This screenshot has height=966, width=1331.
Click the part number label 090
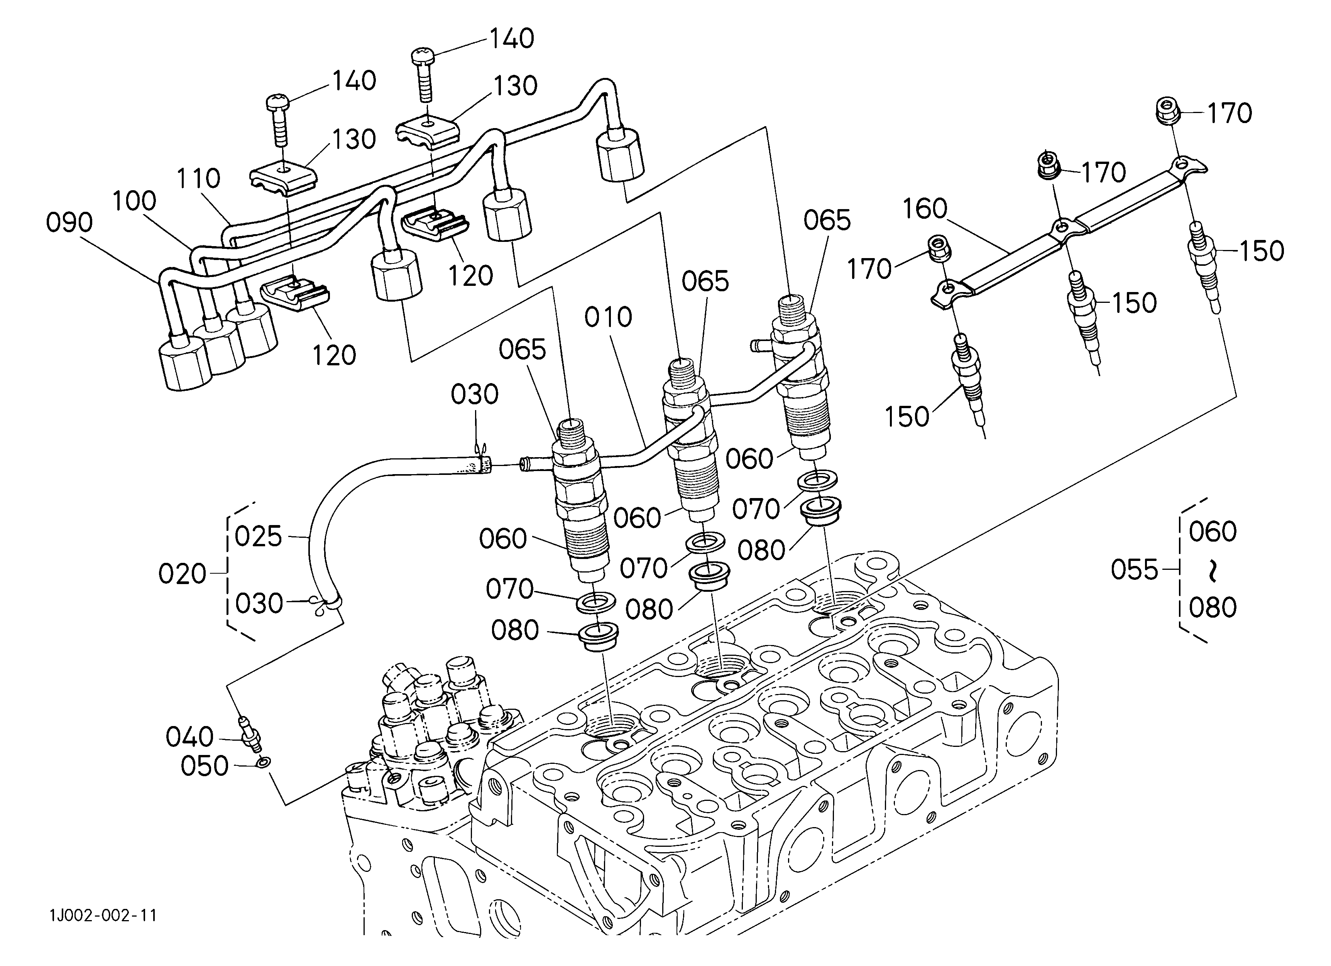[x=69, y=223]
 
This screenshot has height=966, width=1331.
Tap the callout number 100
[x=134, y=201]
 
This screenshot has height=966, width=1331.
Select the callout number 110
[x=198, y=178]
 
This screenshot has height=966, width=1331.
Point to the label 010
[x=608, y=317]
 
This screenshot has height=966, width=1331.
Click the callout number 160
[x=925, y=209]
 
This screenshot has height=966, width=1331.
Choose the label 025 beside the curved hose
[x=258, y=537]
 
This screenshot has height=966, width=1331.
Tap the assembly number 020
[x=182, y=574]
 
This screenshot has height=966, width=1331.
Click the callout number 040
[x=189, y=737]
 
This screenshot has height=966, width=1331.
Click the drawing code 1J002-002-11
[x=103, y=915]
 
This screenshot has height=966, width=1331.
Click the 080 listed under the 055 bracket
[x=1213, y=608]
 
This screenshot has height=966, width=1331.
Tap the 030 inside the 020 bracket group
[x=259, y=603]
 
